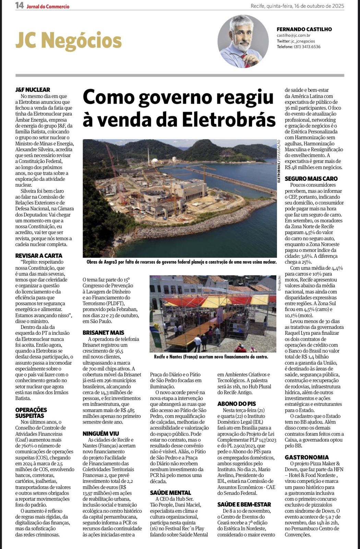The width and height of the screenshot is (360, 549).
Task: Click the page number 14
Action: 19,5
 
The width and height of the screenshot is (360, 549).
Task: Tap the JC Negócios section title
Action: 68,41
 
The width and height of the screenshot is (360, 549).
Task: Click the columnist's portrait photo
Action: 243,42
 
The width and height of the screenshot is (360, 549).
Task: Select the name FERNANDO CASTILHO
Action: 304,29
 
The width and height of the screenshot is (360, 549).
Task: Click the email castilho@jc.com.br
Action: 293,35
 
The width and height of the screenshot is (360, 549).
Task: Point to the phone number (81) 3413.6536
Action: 307,47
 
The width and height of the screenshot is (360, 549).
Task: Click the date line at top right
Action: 297,6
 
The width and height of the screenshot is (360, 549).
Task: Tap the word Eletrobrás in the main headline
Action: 229,120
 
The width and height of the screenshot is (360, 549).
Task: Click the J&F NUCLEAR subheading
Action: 33,90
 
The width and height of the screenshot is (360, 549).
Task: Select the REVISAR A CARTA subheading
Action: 39,256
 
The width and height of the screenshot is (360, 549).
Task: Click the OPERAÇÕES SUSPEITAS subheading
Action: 31,413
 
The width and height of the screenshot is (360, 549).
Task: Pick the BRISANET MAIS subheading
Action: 103,332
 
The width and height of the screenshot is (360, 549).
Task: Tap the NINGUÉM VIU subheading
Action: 101,434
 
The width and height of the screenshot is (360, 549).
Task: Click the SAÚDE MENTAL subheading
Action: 170,493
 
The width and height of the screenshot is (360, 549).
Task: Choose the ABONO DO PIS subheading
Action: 237,404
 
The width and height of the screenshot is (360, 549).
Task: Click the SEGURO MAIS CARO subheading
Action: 311,178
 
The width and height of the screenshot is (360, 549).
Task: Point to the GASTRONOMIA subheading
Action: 307,457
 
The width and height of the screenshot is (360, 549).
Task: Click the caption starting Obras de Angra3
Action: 181,262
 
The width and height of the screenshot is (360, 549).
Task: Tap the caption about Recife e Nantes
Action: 211,357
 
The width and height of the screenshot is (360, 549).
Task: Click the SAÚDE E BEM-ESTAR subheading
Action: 244,504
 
